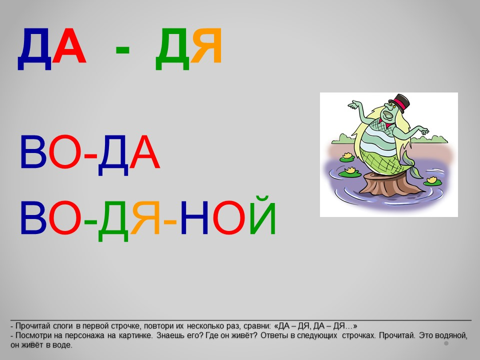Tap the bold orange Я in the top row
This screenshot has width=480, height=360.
click(x=206, y=45)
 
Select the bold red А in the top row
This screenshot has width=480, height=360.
click(x=69, y=45)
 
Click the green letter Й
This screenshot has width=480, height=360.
click(x=263, y=215)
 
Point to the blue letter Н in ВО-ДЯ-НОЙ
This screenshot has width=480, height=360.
click(x=194, y=217)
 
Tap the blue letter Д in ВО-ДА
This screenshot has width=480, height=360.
click(x=113, y=155)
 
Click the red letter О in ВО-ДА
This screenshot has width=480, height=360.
click(x=65, y=152)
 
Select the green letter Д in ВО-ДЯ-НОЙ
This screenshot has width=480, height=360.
click(x=113, y=221)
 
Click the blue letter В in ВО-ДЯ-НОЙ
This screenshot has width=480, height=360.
click(x=33, y=217)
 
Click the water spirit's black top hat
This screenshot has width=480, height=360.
click(x=399, y=102)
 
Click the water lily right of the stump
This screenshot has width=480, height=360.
click(x=432, y=181)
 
